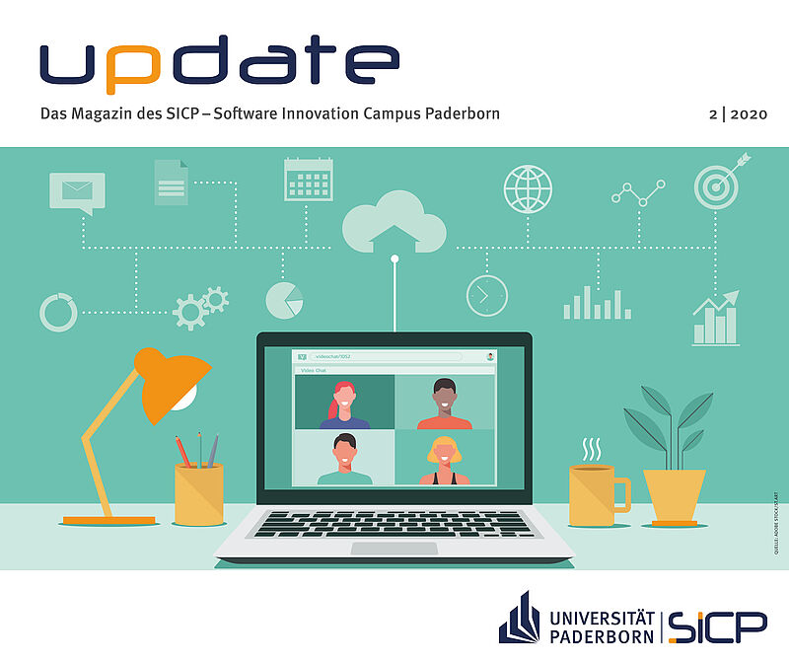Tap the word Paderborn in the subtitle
(463, 113)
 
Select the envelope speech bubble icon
(77, 191)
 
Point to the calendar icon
(308, 180)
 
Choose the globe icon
(528, 189)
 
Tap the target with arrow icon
(719, 182)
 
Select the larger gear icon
(189, 312)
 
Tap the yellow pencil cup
(199, 493)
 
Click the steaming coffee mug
(595, 493)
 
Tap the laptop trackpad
(394, 548)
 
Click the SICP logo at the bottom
(718, 625)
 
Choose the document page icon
(171, 183)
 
